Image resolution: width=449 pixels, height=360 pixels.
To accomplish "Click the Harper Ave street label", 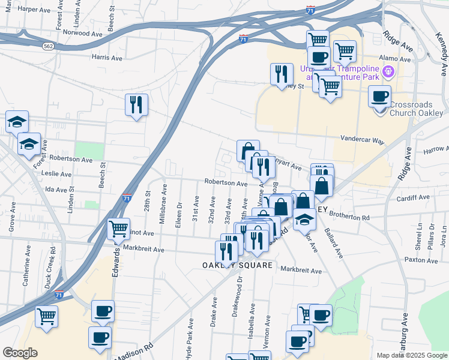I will click(x=35, y=10).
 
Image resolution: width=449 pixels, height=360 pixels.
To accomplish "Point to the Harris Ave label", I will click(x=107, y=58).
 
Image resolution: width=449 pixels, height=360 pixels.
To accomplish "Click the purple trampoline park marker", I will click(x=388, y=72).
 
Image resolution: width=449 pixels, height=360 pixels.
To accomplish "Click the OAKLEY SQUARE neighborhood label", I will click(x=237, y=265).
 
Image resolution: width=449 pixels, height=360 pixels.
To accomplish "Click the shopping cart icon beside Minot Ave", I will click(x=118, y=228).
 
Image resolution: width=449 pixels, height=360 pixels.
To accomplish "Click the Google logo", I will click(x=20, y=353).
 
